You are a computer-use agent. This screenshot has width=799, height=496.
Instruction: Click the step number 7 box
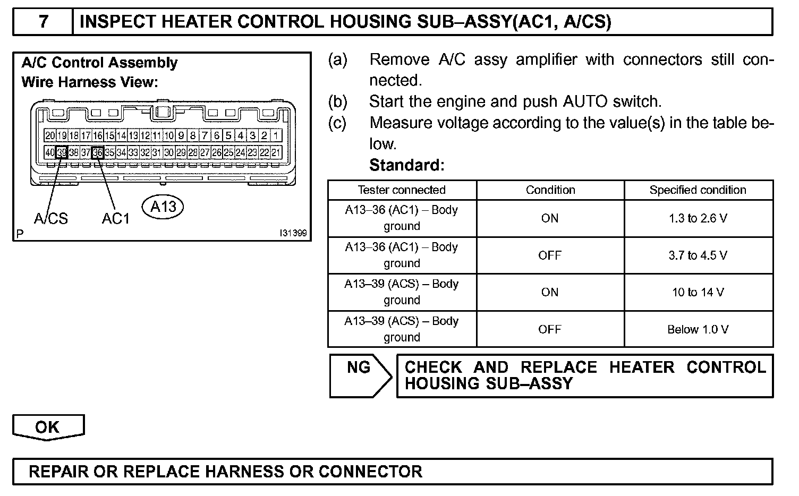point(43,22)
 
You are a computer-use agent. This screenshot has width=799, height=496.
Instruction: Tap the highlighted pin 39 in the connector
point(62,153)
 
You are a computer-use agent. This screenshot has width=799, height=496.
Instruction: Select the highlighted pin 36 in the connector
point(98,153)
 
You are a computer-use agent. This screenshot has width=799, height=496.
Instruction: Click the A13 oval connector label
point(163,207)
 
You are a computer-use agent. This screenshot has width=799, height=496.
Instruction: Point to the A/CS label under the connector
point(51,218)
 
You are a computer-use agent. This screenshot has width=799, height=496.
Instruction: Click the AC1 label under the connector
point(116,218)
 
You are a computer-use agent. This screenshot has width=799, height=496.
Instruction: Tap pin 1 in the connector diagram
point(276,135)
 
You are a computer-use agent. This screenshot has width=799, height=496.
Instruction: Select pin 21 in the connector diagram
point(276,153)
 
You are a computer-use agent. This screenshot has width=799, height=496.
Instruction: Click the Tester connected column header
point(402,190)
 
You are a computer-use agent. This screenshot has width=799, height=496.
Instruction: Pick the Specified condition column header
point(698,190)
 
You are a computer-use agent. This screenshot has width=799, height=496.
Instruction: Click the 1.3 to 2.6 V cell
point(698,218)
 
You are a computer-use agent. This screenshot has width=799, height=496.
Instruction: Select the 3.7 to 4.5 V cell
point(698,255)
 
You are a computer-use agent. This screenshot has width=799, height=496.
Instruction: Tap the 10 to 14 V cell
point(698,292)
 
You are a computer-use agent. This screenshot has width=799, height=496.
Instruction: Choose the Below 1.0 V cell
point(698,329)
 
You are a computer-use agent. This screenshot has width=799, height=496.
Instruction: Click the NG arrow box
point(360,375)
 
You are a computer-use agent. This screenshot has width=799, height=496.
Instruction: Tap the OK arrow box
point(48,427)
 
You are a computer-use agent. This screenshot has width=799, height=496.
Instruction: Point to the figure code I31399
point(293,234)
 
